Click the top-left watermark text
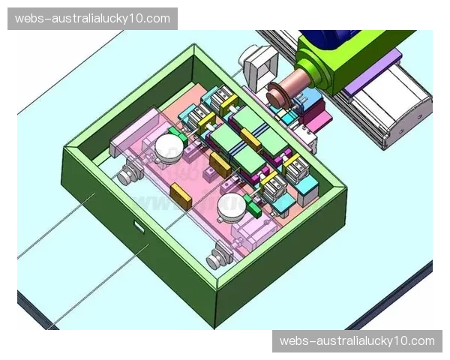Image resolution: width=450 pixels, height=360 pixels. click(92, 19)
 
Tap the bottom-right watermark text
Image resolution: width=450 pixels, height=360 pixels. click(357, 341)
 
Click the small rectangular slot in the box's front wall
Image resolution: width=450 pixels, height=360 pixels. click(139, 226)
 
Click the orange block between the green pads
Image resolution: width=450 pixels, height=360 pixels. click(250, 139)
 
